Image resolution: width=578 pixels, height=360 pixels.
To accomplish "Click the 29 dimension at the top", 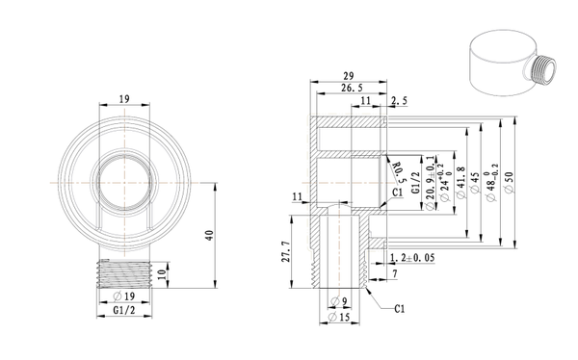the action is click(349, 76).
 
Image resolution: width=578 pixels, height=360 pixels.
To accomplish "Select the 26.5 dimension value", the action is click(352, 88).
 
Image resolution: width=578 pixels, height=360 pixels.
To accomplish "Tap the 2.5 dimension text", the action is click(399, 101).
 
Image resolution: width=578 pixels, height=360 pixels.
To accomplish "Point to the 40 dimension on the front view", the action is click(209, 235).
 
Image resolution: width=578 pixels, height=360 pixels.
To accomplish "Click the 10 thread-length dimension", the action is click(162, 274).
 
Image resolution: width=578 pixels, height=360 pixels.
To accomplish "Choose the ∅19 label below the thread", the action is click(124, 296).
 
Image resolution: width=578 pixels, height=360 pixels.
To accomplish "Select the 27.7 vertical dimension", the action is click(286, 251).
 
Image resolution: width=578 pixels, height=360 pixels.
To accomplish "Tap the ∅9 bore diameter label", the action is click(339, 301).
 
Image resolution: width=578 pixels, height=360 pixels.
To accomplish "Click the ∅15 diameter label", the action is click(339, 317).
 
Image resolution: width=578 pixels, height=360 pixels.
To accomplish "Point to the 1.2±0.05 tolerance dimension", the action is click(411, 258).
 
